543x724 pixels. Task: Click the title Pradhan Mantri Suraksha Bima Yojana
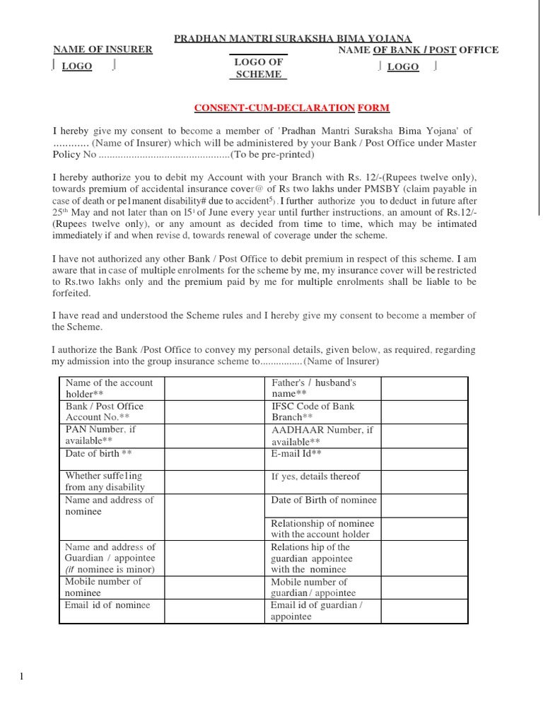coord(293,38)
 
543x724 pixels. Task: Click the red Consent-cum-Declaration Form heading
coord(292,107)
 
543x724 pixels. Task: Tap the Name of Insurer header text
coord(103,49)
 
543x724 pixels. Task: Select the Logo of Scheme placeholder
coord(258,68)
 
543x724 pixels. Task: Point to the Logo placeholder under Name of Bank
coord(403,67)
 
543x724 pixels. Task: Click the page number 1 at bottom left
coord(21,677)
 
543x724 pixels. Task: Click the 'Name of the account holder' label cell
coord(109,388)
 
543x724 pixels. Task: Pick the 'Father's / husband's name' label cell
coord(314,388)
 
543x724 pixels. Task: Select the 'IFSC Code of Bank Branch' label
coord(313,411)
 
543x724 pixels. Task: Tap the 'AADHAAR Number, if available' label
coord(321,435)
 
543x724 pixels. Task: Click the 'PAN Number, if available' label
coord(100,435)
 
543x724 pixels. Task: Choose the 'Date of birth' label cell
coord(98,453)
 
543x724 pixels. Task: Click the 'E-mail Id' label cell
coord(296,453)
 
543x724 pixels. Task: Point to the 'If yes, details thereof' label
coord(315,477)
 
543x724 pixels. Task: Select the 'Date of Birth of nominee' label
coord(324,500)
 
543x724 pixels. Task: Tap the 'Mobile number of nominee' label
coord(103,587)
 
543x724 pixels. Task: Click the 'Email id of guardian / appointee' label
coord(316,611)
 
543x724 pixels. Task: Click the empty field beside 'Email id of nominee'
coord(214,611)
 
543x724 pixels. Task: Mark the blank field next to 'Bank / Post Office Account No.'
coord(214,411)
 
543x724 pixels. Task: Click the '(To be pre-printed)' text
coord(272,155)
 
